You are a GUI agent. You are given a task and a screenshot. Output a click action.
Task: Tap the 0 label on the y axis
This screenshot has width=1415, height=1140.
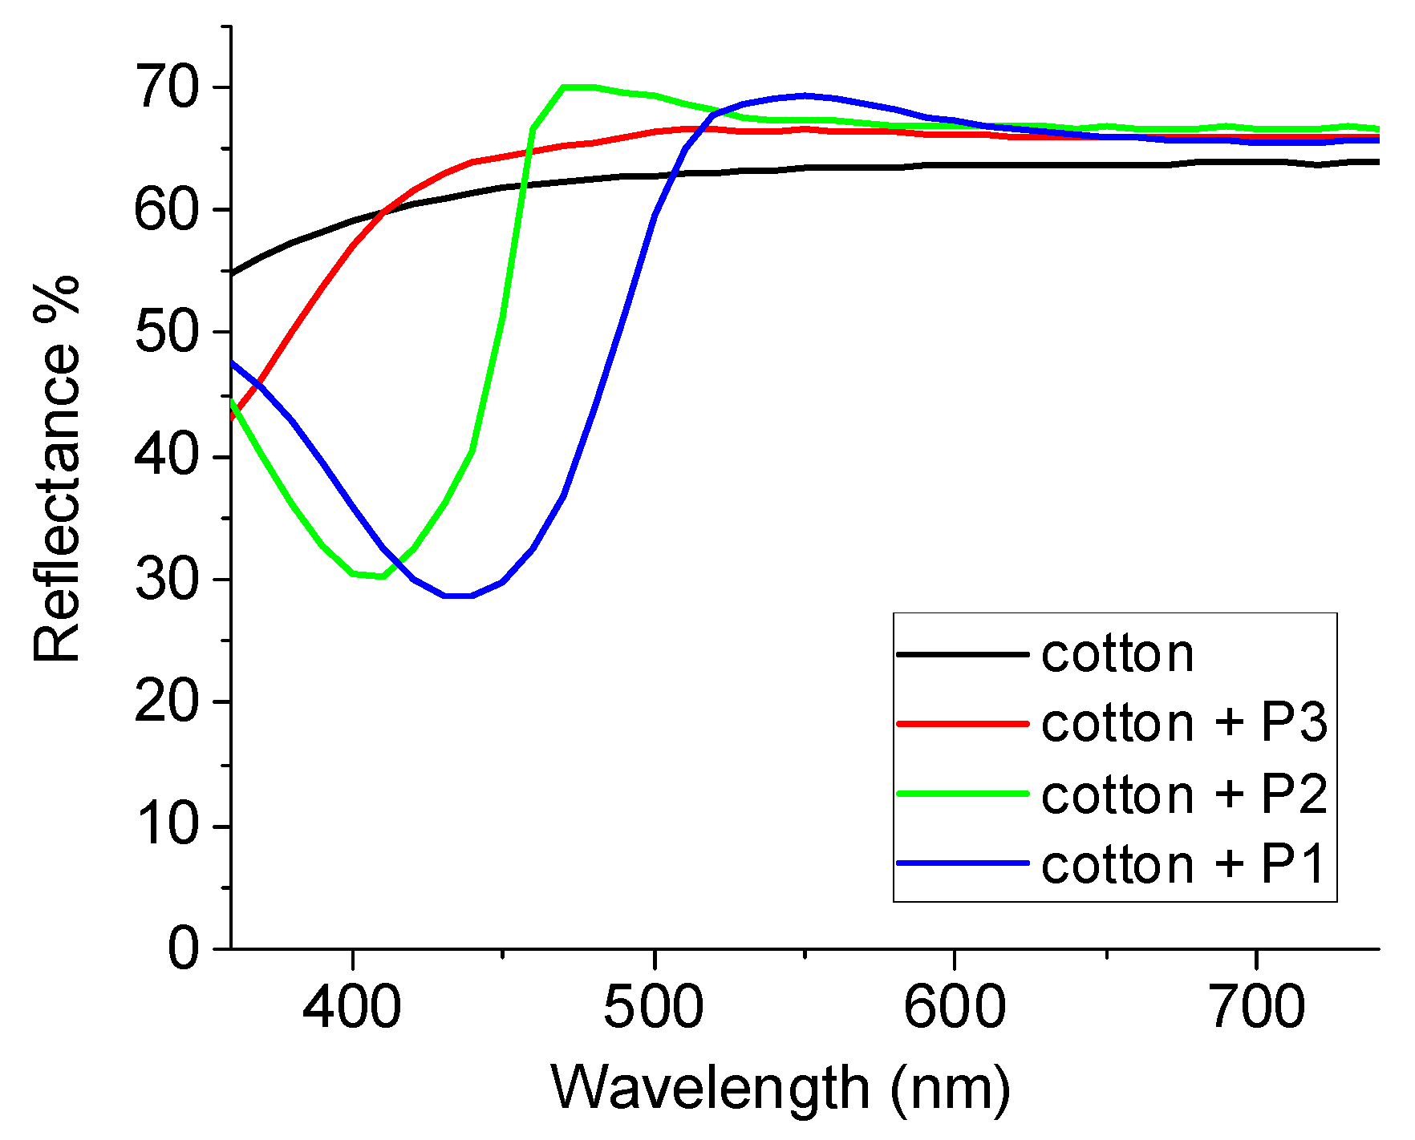point(184,949)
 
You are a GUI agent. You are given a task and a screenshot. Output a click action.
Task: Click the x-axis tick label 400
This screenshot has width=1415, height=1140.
point(351,1007)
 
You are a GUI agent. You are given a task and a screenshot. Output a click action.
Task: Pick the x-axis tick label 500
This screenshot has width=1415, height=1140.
point(654,1007)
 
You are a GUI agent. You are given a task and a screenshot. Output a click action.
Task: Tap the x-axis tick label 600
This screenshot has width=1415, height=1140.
point(955,1007)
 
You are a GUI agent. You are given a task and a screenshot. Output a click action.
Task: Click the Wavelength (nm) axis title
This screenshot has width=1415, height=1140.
point(780,1089)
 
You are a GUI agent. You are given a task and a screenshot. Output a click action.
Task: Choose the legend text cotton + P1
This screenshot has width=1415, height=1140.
point(1183,864)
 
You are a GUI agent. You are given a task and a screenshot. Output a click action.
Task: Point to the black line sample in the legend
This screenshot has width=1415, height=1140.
point(963,654)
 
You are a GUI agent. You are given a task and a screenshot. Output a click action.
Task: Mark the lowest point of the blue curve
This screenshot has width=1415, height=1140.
point(458,596)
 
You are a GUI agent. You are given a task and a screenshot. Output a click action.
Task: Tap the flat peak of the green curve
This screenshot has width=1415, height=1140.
point(578,87)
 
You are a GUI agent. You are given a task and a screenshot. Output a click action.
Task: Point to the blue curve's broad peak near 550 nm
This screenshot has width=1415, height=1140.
point(804,95)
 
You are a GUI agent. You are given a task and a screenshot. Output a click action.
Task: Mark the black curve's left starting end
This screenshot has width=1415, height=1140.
point(233,273)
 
